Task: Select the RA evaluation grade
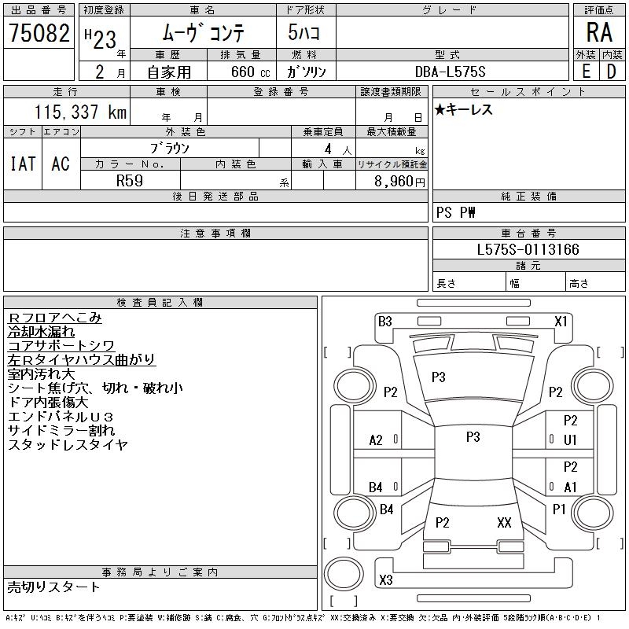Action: click(x=599, y=32)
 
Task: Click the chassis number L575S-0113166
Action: click(x=528, y=250)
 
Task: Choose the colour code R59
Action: click(x=130, y=179)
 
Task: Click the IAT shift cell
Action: click(x=23, y=164)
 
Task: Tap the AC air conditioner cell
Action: click(x=61, y=164)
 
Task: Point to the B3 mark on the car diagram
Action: click(x=384, y=321)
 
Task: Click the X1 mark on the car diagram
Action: click(x=561, y=321)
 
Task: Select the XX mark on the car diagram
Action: click(x=504, y=522)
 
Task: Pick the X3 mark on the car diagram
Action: click(x=385, y=580)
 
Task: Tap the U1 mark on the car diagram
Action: click(x=570, y=440)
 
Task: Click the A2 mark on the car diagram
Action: click(x=376, y=440)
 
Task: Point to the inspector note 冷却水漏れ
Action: click(x=42, y=332)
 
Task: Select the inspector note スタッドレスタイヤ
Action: click(x=68, y=445)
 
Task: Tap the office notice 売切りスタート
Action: click(x=54, y=587)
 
